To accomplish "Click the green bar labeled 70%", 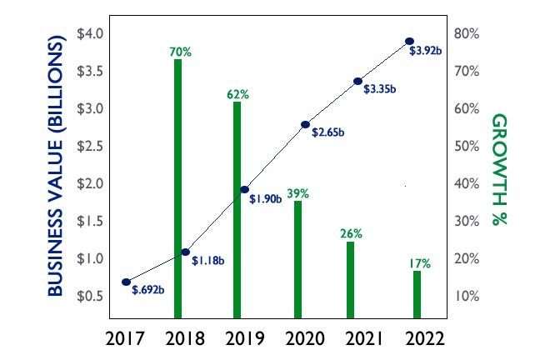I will (177, 188).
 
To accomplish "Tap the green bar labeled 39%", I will (297, 259).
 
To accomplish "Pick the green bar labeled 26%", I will (350, 280).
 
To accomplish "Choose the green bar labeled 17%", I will (417, 294).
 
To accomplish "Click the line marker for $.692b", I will (126, 282).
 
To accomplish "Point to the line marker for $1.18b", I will (185, 252).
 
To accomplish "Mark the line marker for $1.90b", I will (245, 190).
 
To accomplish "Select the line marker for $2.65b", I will (305, 124).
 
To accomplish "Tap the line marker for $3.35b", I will (357, 81).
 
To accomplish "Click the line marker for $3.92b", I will (409, 41).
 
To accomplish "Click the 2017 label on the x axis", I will (126, 338).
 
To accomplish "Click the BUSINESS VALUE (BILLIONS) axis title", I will (57, 165).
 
